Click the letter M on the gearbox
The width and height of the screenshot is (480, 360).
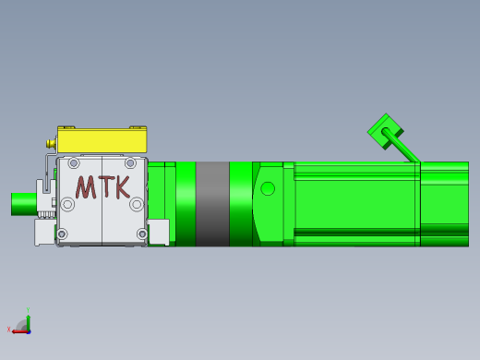[x=86, y=187]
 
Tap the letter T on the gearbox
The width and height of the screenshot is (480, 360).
[x=105, y=187]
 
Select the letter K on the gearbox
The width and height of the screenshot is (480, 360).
[x=123, y=187]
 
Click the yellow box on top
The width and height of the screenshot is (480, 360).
[x=102, y=139]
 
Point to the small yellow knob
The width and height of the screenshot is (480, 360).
[x=51, y=143]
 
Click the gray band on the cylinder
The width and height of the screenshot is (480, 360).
[x=212, y=204]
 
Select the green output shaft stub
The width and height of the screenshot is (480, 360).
[x=24, y=204]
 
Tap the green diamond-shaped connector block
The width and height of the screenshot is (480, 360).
[x=386, y=131]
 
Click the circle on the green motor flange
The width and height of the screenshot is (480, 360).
[x=268, y=188]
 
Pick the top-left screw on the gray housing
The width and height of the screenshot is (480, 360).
[x=74, y=163]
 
